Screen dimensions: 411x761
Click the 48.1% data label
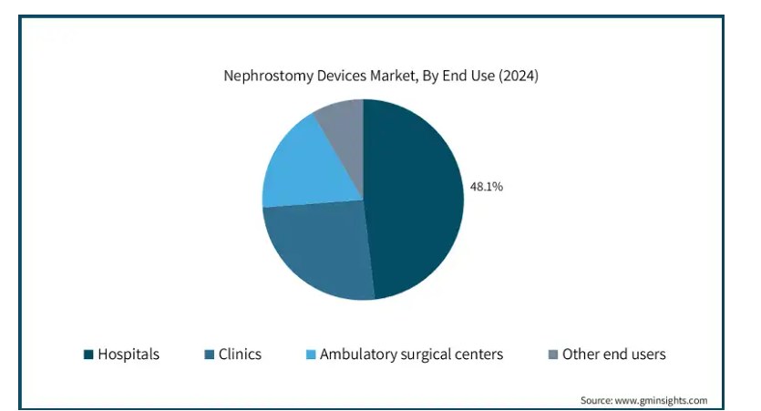486,187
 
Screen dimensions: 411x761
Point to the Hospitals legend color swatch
88,354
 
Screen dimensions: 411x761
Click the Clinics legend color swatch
210,354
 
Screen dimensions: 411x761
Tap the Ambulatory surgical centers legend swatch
311,354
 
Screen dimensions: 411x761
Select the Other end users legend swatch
553,354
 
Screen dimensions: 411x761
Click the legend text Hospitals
129,354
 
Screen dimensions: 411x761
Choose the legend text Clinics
240,354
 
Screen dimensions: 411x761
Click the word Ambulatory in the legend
359,354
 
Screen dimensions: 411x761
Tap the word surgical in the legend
428,354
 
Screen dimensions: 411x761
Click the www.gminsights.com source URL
662,400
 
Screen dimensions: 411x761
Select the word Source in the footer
597,400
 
